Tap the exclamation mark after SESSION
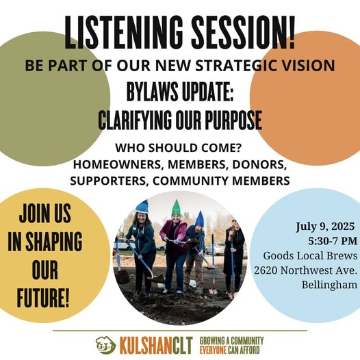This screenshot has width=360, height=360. pyautogui.click(x=292, y=32)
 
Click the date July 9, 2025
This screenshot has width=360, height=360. pyautogui.click(x=325, y=227)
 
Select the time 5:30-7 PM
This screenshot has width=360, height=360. pyautogui.click(x=333, y=241)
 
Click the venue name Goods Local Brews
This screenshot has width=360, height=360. pyautogui.click(x=310, y=255)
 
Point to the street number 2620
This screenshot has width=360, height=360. pyautogui.click(x=266, y=270)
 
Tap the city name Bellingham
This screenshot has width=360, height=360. pyautogui.click(x=329, y=285)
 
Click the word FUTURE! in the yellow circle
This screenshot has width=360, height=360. pyautogui.click(x=43, y=298)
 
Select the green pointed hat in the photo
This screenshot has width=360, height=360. pyautogui.click(x=176, y=208)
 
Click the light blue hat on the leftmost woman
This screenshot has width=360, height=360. pyautogui.click(x=142, y=207)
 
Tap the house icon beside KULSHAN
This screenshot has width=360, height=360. pyautogui.click(x=106, y=345)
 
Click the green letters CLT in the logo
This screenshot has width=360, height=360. pyautogui.click(x=183, y=346)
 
